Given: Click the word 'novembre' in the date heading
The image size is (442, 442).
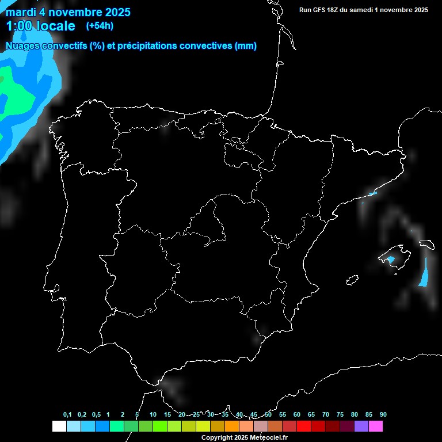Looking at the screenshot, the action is [x=74, y=12].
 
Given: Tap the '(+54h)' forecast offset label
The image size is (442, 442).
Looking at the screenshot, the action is [x=100, y=25].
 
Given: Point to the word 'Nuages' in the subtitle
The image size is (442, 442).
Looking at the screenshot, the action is [x=24, y=46].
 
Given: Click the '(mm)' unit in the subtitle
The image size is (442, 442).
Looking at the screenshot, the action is [x=246, y=46].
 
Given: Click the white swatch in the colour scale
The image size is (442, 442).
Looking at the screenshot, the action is [x=59, y=426].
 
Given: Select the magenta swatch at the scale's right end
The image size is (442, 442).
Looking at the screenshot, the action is [x=376, y=426].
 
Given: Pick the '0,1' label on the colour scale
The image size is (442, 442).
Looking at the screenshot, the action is [x=67, y=415].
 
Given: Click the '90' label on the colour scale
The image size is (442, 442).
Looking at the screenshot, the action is [x=383, y=415].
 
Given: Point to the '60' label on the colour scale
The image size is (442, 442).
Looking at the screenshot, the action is [x=297, y=415].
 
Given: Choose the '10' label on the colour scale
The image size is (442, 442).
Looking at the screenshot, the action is [x=153, y=415].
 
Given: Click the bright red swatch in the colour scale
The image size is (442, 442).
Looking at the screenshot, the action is [x=304, y=426].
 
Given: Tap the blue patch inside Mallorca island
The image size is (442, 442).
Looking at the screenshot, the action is [x=391, y=260].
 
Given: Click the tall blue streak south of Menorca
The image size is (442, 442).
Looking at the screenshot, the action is [x=425, y=273].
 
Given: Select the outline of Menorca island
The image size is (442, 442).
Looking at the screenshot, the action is [x=426, y=245].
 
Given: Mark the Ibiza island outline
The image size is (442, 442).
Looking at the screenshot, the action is [x=352, y=280].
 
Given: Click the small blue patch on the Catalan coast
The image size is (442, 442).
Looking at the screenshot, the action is [x=372, y=193].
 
